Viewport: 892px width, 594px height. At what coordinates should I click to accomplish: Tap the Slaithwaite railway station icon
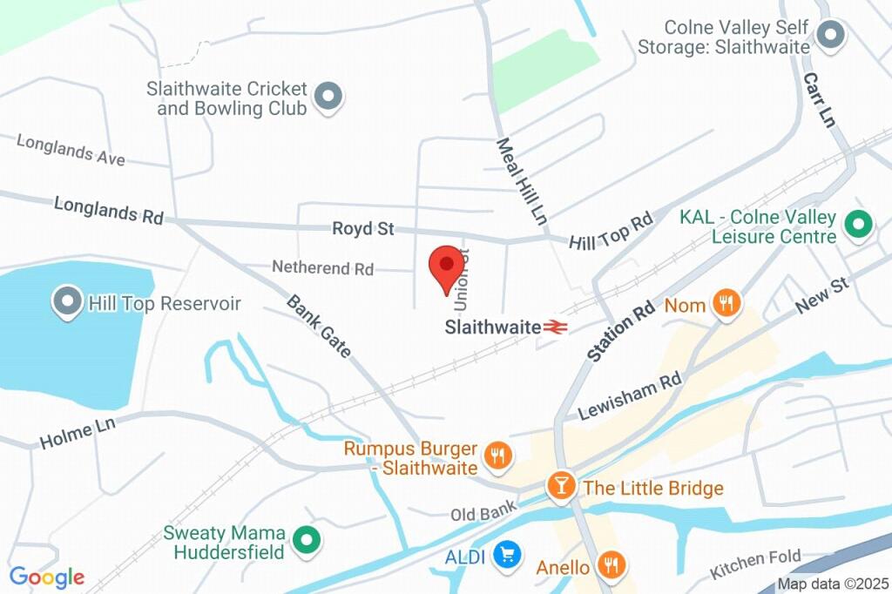click(x=555, y=327)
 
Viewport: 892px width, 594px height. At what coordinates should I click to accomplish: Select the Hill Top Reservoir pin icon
click(x=66, y=303)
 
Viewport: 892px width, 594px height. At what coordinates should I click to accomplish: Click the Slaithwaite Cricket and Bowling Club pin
click(x=328, y=98)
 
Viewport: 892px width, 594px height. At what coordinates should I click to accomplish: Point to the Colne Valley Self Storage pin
click(x=831, y=35)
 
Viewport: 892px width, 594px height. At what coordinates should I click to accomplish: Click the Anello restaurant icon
click(x=612, y=566)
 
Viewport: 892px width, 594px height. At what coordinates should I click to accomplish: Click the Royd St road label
click(x=362, y=229)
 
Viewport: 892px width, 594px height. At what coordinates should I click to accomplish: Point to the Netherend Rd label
click(x=322, y=267)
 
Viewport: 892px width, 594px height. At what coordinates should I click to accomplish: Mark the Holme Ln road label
click(x=78, y=433)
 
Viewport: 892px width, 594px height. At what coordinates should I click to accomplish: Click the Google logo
click(x=47, y=577)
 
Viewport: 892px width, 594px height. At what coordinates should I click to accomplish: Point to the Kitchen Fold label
click(x=754, y=564)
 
